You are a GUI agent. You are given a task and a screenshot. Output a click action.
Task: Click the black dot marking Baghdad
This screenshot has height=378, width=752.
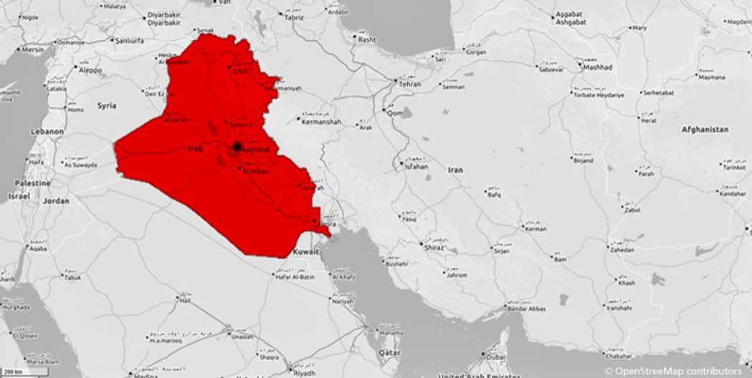point(236,147)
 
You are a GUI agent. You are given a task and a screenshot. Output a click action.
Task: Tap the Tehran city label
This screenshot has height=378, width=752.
point(409,84)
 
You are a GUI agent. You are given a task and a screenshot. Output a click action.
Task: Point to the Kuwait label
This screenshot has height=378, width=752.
point(306,253)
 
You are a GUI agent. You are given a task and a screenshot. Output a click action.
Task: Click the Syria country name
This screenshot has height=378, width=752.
point(106,106)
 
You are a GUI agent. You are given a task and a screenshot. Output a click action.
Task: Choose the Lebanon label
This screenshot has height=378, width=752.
point(47,132)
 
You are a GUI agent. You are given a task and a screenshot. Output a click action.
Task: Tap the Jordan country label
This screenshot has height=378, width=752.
point(56,201)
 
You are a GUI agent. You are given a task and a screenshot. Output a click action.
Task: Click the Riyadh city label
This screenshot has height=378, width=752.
point(304,372)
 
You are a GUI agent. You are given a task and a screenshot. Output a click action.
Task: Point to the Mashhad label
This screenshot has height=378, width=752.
point(598,67)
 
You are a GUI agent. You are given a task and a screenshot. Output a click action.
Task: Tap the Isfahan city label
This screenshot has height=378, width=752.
point(416,167)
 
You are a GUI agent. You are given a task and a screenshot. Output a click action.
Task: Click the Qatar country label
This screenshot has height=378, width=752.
point(390,353)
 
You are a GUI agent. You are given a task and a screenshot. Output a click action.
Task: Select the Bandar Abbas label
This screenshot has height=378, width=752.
point(527,309)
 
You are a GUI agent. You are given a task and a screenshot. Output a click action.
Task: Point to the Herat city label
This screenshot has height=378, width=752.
point(648,121)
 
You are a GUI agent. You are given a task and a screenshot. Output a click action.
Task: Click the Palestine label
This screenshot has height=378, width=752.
point(33,183)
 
